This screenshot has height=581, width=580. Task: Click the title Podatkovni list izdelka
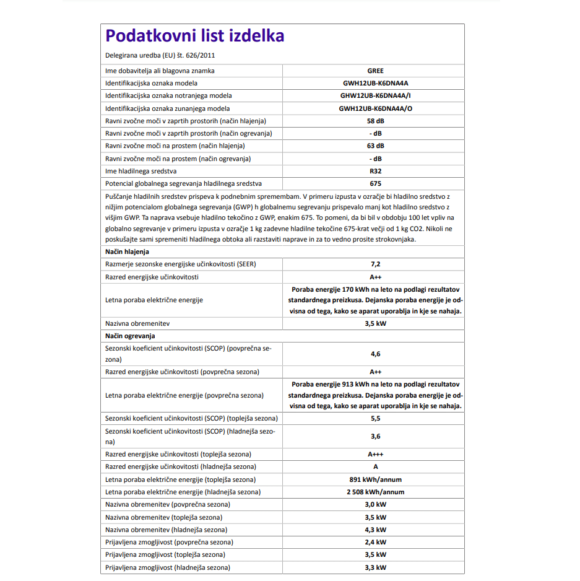[194, 36]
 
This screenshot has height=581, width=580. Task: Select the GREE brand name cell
[375, 71]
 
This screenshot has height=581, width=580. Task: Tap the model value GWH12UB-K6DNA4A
[375, 83]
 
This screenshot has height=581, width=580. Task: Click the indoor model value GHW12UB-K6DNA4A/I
[375, 96]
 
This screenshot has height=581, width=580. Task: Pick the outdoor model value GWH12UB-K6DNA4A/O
[375, 108]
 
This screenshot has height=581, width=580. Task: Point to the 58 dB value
[375, 121]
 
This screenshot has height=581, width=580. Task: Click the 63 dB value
[375, 146]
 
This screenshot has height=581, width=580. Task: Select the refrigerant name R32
[375, 171]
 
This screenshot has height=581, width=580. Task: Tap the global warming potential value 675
[375, 184]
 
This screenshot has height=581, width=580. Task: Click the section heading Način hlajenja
[127, 252]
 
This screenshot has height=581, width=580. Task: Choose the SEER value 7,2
[375, 264]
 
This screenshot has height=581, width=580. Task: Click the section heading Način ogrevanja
[130, 336]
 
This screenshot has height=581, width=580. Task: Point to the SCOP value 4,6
[375, 354]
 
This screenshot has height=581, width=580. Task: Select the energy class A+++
[375, 455]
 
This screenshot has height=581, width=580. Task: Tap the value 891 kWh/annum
[375, 479]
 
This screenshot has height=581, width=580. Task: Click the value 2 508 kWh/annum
[375, 492]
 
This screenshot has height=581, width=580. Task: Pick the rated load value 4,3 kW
[375, 530]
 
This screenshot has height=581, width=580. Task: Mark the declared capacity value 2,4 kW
[375, 543]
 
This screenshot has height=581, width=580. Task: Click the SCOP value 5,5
[375, 419]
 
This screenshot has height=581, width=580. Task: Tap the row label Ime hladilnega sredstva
[141, 171]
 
